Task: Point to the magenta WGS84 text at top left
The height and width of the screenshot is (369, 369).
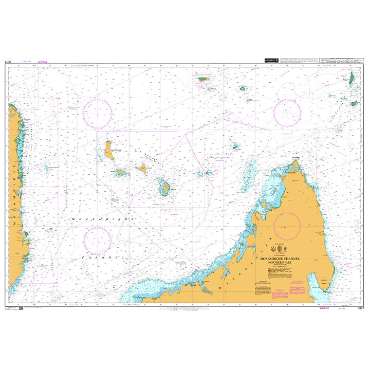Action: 42,62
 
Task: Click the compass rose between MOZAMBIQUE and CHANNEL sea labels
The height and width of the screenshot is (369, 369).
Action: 98,241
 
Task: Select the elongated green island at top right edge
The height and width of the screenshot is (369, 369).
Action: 351,78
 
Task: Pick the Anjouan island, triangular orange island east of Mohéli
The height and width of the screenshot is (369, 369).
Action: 141,168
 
